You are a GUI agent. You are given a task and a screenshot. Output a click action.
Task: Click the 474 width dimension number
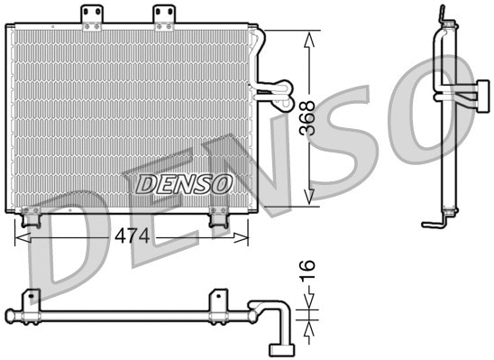tap(133, 236)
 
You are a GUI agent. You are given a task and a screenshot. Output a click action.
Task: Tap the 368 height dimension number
tap(308, 117)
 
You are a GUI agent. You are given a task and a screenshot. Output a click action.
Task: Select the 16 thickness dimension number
tap(306, 269)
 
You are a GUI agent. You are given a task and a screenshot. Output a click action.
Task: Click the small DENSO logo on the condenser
tap(183, 184)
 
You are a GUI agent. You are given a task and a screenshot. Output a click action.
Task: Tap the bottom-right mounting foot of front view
tap(218, 217)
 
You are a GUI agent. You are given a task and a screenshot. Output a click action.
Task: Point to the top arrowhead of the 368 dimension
tap(309, 39)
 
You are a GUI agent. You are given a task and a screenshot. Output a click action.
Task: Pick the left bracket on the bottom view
tap(32, 301)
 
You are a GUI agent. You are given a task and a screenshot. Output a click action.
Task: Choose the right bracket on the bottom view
tap(217, 301)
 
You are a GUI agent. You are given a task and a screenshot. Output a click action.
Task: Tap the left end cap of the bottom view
tap(9, 315)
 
